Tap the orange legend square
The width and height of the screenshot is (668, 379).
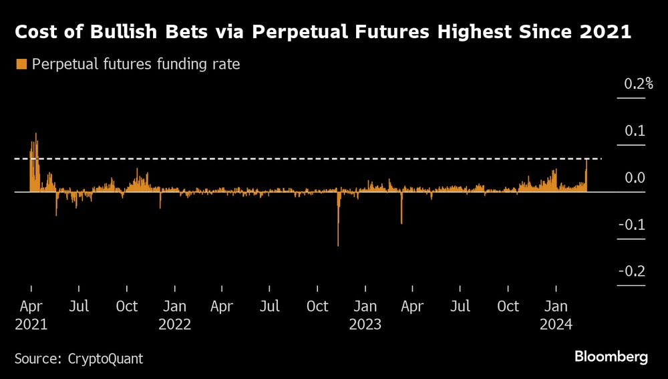click(21, 64)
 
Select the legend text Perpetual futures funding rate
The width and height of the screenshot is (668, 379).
click(136, 65)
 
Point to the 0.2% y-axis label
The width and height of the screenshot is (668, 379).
click(637, 84)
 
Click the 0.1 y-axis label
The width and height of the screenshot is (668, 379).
click(634, 131)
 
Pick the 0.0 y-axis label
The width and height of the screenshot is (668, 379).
click(634, 178)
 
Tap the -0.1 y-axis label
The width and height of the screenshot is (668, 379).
click(632, 225)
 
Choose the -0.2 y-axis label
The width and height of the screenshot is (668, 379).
click(632, 271)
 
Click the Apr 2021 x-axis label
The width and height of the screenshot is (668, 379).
click(31, 315)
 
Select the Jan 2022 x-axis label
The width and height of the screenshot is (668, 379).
click(174, 315)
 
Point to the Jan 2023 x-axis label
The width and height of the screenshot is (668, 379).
click(365, 315)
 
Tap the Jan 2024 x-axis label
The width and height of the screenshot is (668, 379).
click(556, 315)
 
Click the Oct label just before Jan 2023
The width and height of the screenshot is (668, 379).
click(317, 307)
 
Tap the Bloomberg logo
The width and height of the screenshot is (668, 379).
click(611, 358)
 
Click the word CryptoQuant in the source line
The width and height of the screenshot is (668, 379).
click(106, 358)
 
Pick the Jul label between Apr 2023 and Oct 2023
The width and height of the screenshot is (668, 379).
click(460, 307)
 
